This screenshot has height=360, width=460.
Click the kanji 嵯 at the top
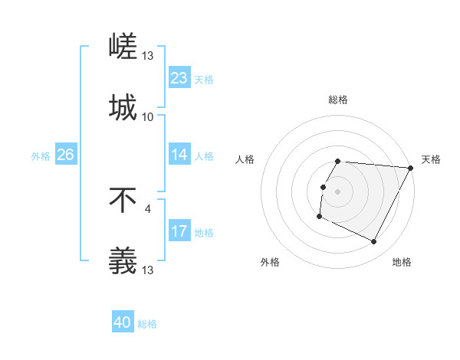click(123, 47)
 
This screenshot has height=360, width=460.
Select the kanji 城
click(123, 106)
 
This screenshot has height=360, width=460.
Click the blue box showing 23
click(179, 78)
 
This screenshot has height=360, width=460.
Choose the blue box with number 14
click(179, 155)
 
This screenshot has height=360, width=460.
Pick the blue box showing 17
click(179, 231)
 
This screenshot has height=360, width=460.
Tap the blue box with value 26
click(65, 155)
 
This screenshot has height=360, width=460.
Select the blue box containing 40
click(123, 322)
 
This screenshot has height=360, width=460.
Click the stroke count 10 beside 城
click(148, 117)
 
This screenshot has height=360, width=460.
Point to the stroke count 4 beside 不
click(147, 208)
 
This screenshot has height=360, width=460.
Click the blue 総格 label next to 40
click(147, 324)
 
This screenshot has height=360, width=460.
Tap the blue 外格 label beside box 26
click(41, 156)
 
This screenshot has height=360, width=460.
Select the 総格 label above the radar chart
click(338, 100)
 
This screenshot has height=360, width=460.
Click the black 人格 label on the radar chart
click(245, 159)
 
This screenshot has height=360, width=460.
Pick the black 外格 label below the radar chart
click(270, 263)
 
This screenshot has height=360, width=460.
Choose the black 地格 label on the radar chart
click(402, 263)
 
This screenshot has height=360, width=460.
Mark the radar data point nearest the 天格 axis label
click(411, 168)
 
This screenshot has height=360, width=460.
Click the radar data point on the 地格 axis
click(374, 242)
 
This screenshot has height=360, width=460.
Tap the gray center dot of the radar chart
click(338, 191)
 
